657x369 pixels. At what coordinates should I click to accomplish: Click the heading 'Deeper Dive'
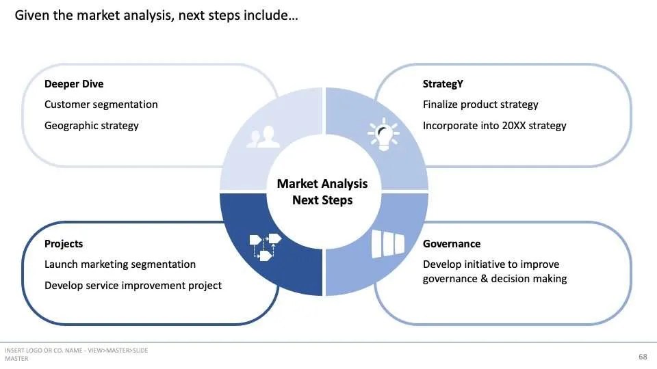[74, 84]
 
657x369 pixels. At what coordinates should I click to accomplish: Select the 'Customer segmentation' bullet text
[101, 105]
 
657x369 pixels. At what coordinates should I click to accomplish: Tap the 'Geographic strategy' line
[91, 126]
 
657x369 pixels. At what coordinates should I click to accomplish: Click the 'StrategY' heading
[443, 84]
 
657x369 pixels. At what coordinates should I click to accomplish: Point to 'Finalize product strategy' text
[480, 105]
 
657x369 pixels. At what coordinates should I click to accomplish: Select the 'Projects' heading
[64, 244]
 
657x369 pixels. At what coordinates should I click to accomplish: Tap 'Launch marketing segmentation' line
[120, 264]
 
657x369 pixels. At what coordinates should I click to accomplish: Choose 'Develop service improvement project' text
[133, 286]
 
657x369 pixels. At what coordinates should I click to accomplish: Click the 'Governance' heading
[452, 244]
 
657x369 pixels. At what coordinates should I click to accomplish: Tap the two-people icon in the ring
[263, 137]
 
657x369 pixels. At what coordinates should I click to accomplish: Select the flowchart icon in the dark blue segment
[265, 246]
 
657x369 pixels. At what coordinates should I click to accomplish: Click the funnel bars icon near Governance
[388, 243]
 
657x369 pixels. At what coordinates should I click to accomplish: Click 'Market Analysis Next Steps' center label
[322, 192]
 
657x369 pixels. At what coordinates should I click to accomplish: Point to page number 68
[643, 357]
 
